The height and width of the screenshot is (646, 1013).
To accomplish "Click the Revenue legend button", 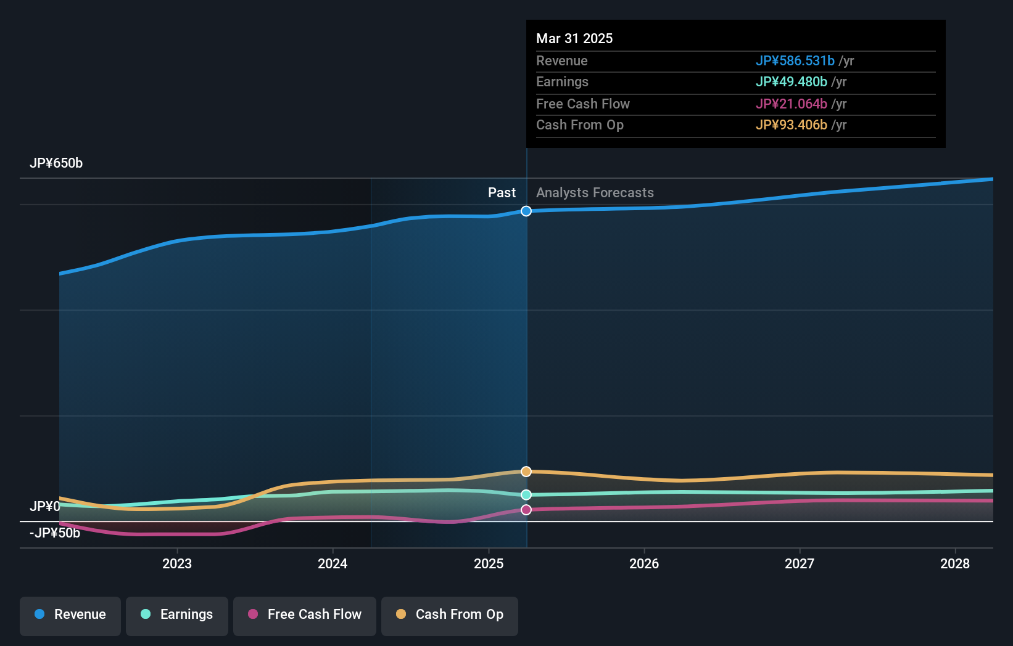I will [70, 615].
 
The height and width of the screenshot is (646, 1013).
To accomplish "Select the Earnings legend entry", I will [177, 615].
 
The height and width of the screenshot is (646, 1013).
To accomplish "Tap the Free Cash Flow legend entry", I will [305, 615].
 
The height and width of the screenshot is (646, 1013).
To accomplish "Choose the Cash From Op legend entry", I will [450, 615].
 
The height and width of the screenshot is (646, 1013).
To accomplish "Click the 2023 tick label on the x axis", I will [177, 563].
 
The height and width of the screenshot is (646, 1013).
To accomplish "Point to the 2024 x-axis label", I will [333, 563].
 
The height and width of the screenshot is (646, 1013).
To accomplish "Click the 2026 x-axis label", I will [644, 563].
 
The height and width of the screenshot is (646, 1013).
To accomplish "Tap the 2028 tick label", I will [955, 563].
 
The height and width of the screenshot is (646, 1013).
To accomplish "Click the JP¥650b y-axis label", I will [56, 163].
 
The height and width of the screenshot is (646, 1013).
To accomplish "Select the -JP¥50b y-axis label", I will [55, 533].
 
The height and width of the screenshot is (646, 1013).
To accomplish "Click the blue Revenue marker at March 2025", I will [526, 211].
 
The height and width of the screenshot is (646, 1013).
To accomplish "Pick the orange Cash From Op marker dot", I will [526, 472].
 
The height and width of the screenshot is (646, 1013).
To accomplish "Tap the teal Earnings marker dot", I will [526, 495].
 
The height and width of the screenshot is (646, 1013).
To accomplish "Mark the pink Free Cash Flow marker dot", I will [526, 510].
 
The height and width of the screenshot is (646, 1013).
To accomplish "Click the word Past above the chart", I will [502, 193].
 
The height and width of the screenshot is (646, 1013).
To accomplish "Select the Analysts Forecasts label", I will [595, 193].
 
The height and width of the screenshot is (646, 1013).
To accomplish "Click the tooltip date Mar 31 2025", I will [574, 39].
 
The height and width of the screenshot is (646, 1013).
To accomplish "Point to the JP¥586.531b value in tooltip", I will [795, 61].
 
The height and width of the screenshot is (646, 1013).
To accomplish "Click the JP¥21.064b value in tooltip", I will [791, 104].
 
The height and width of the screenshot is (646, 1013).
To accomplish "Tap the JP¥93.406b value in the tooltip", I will [791, 125].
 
